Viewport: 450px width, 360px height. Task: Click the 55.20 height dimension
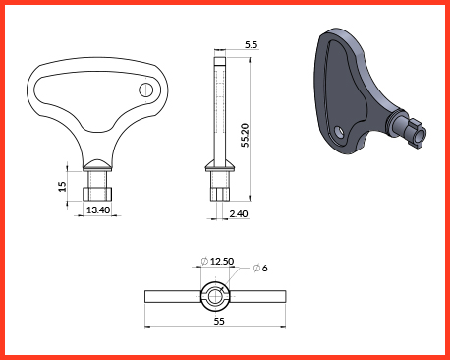[245, 135]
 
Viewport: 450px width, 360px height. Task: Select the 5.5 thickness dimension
[252, 44]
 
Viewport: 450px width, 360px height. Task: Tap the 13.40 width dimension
[98, 210]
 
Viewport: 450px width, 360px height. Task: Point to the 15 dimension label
[62, 186]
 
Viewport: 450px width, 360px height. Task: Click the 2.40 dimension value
[239, 214]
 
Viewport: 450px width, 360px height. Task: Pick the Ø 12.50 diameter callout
[218, 261]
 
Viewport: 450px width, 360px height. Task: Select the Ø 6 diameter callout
[260, 269]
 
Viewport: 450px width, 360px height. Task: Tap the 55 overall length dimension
[219, 321]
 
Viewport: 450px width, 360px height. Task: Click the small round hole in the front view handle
[146, 90]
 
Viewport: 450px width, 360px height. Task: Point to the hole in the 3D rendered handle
[339, 132]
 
